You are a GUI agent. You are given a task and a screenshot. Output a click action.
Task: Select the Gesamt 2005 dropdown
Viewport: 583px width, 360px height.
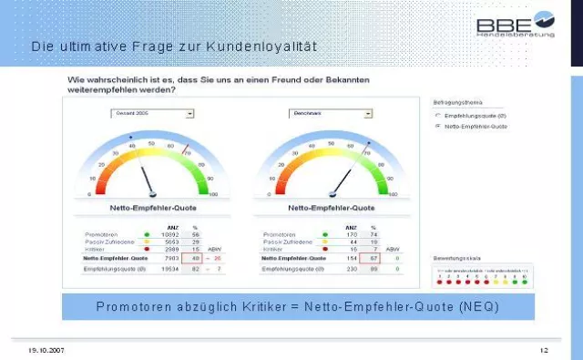click(x=152, y=114)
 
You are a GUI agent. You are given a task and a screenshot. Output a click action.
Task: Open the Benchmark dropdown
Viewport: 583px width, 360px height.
click(x=320, y=114)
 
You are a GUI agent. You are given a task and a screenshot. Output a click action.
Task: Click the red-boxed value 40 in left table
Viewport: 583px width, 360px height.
click(x=195, y=258)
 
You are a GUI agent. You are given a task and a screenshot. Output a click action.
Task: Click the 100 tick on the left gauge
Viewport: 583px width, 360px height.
click(x=213, y=194)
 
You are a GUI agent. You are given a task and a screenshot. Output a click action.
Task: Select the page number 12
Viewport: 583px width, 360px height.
click(x=543, y=350)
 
